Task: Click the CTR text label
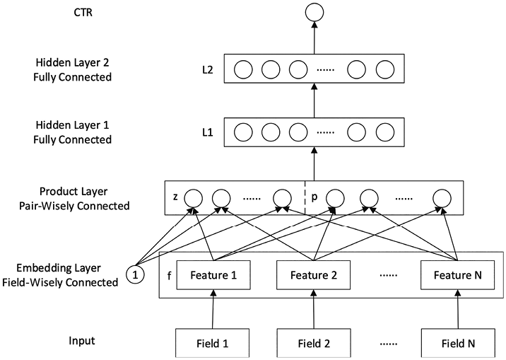83,13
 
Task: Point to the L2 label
208,69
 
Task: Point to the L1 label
208,132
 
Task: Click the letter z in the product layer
175,197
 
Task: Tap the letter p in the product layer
314,197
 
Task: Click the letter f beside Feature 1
169,276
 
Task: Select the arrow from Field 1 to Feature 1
213,309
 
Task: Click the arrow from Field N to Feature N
458,309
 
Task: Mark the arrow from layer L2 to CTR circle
314,38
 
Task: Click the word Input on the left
82,341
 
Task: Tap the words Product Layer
73,192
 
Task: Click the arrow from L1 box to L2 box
314,100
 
